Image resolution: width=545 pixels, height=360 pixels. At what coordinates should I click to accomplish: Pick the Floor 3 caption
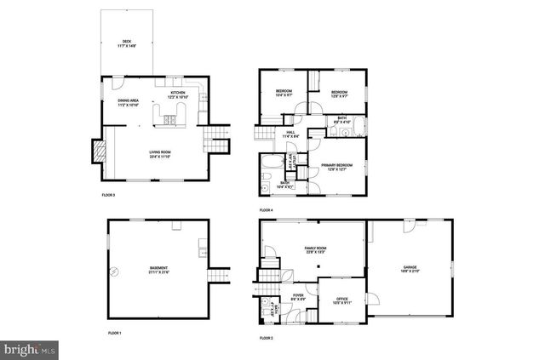pyautogui.click(x=108, y=195)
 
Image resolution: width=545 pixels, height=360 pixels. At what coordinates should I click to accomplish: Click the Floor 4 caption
pyautogui.click(x=267, y=209)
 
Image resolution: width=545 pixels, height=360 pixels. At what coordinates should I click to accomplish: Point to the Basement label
pyautogui.click(x=159, y=268)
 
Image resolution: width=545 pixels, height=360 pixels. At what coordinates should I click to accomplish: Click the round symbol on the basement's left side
pyautogui.click(x=112, y=272)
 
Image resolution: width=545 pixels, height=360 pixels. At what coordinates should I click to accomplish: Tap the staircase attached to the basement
pyautogui.click(x=221, y=276)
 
